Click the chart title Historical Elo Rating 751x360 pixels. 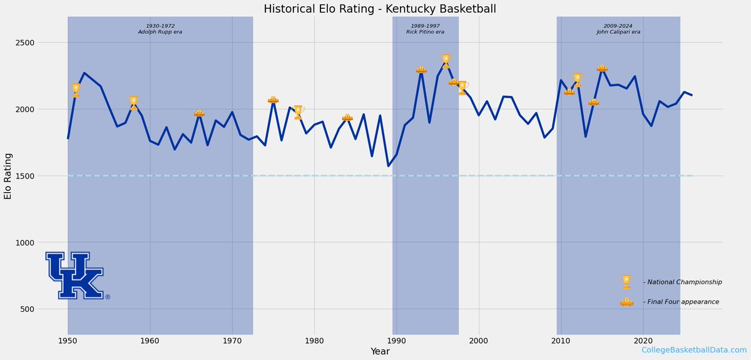pos(375,9)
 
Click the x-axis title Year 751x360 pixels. pos(379,351)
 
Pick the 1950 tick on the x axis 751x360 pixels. pos(68,340)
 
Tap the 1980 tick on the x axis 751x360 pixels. pos(314,340)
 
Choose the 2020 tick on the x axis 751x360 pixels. pos(643,340)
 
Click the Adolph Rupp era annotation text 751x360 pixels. pos(160,29)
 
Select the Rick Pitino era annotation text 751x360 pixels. pos(425,29)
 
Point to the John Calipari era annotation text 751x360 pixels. pos(618,29)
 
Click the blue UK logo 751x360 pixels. pos(75,275)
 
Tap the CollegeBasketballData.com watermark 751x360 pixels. pos(693,350)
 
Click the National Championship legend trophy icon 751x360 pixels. pos(626,282)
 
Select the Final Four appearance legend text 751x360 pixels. pos(681,302)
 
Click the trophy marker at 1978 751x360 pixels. pos(299,113)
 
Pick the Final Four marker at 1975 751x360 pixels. pos(273,100)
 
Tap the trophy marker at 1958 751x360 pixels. pos(133,103)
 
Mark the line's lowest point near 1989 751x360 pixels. pos(388,166)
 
